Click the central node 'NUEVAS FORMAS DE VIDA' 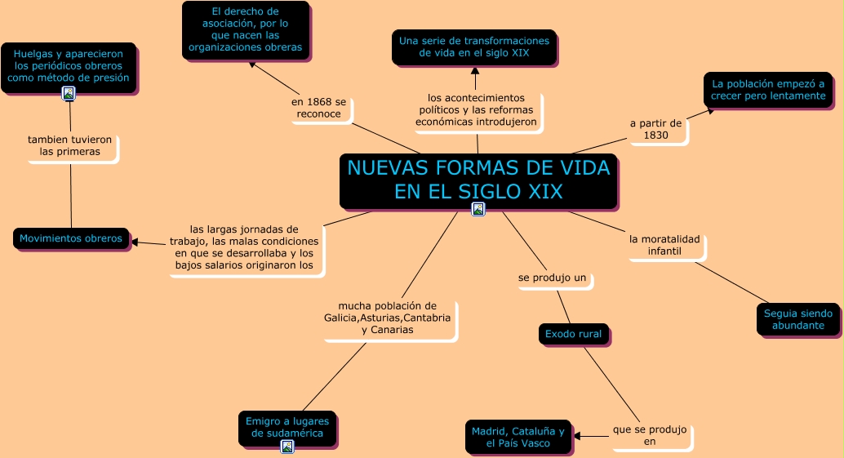click(478, 180)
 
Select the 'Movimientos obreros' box click(71, 238)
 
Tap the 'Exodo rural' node click(573, 334)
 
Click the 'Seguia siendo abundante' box click(798, 319)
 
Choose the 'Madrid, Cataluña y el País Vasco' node click(518, 437)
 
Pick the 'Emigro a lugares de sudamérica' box click(287, 427)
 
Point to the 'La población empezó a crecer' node click(768, 90)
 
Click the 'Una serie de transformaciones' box click(473, 47)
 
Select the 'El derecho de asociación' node click(245, 30)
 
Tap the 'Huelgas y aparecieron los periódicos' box click(69, 65)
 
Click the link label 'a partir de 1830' click(655, 129)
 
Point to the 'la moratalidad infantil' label click(664, 245)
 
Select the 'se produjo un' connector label click(553, 278)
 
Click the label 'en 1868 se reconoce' click(319, 108)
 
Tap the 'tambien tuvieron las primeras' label click(70, 145)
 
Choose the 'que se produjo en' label click(650, 435)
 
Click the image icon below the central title click(478, 209)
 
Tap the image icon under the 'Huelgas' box click(69, 94)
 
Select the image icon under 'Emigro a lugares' click(287, 446)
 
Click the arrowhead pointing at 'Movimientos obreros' click(135, 242)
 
